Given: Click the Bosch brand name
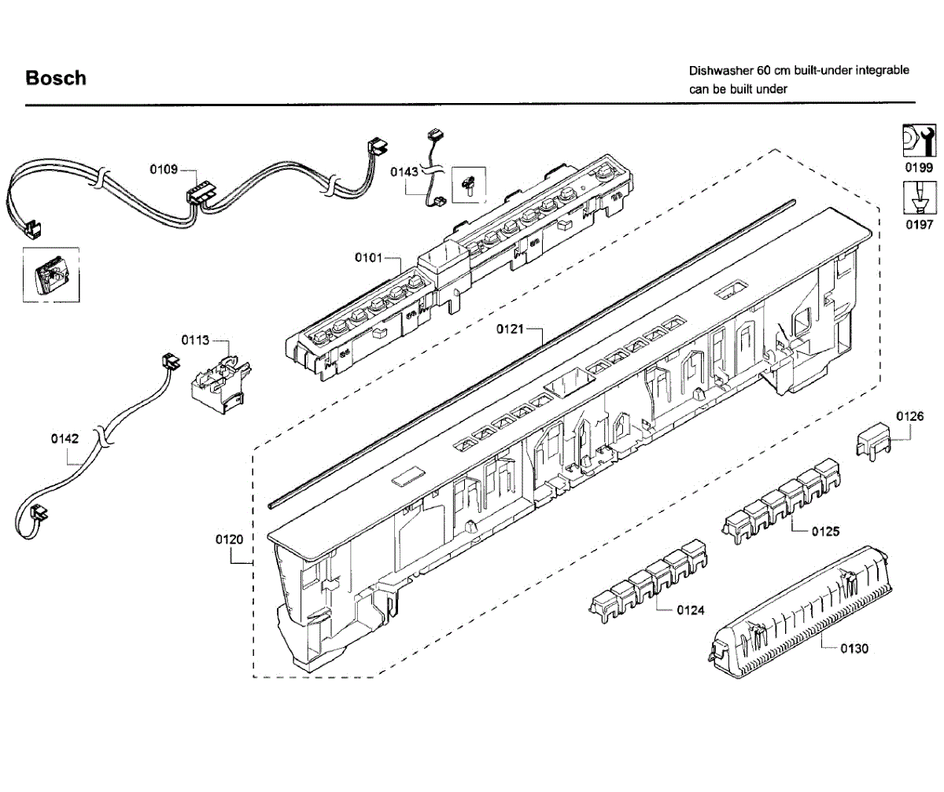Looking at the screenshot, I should click(56, 78).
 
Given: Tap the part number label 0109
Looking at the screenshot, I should click(164, 169).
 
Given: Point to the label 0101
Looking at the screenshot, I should click(368, 257).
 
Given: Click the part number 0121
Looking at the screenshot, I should click(509, 330).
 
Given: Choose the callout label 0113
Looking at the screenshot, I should click(195, 341).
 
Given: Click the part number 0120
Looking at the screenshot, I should click(229, 540).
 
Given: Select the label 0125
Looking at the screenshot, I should click(825, 532).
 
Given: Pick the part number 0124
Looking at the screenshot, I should click(691, 610).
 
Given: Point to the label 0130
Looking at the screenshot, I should click(854, 649).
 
